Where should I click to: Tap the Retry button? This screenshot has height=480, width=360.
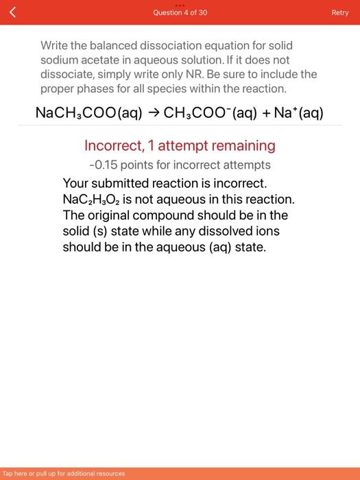point(340,13)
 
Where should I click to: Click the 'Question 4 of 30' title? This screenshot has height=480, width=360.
point(180,13)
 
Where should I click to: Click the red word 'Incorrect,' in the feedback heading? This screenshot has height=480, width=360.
point(113,145)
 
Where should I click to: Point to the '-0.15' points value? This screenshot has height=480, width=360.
point(104,165)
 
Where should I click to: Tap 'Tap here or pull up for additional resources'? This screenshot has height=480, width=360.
point(64,473)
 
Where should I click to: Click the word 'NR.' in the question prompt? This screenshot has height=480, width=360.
point(216,74)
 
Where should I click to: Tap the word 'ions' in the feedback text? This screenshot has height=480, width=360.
point(267,231)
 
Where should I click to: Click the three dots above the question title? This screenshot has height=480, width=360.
point(180,4)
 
